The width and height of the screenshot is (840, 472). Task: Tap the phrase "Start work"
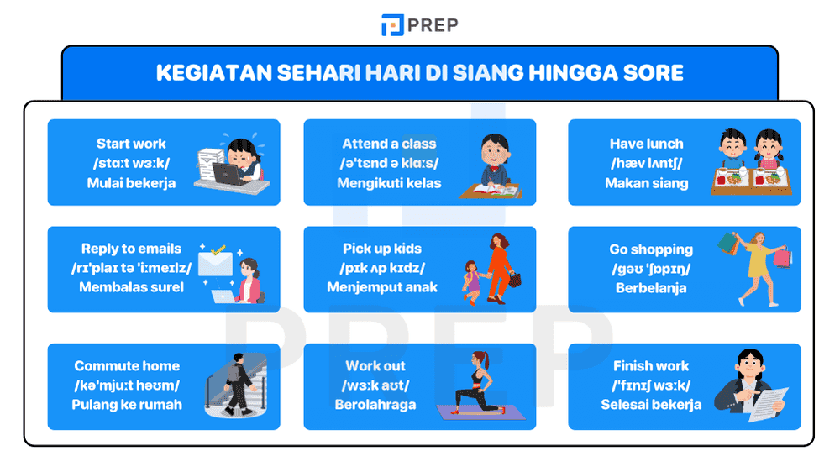pos(131,144)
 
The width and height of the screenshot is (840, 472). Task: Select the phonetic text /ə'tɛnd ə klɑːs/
pos(389,163)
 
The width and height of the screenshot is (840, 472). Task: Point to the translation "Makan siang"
pos(646,182)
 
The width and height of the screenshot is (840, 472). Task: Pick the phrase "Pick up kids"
pos(382,249)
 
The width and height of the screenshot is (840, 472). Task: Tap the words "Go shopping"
pos(651,249)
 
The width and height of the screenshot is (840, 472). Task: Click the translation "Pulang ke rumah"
pos(127,404)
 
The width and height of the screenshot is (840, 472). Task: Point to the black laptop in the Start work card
pos(229,174)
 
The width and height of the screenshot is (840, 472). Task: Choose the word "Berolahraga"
pos(375,404)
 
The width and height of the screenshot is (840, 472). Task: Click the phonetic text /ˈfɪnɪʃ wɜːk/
pos(651,385)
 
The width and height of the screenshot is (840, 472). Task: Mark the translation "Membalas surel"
pos(131,287)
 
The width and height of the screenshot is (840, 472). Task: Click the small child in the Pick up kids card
pos(470,282)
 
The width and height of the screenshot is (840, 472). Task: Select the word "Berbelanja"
pos(651,287)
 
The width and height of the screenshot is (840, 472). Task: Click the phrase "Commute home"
pos(127,365)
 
